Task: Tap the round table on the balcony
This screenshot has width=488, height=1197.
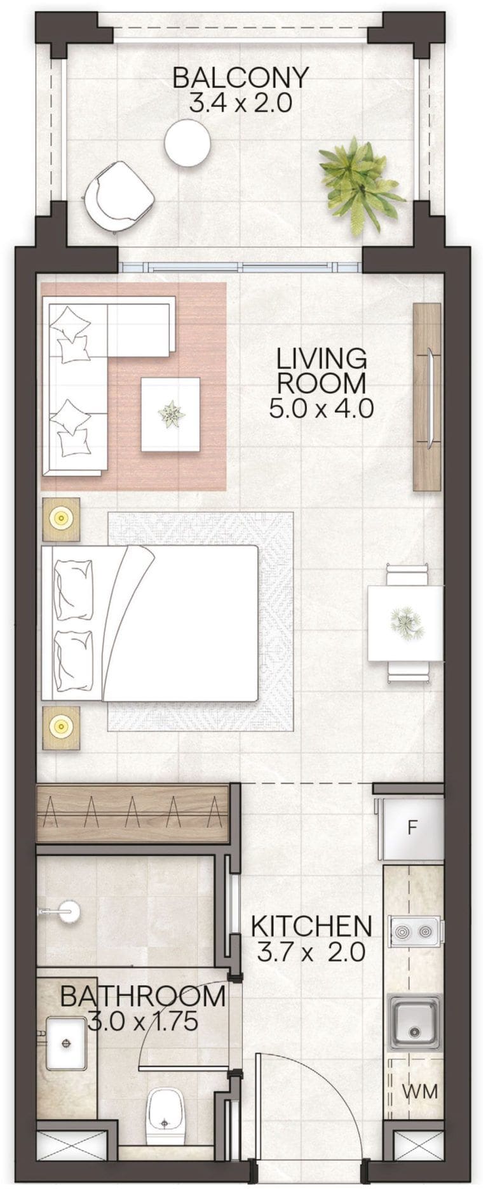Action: click(x=187, y=144)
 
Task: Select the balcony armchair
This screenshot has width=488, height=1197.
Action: click(x=119, y=194)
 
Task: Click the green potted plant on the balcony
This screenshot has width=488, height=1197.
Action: click(x=358, y=182)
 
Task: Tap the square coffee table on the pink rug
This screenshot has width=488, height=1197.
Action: click(x=170, y=414)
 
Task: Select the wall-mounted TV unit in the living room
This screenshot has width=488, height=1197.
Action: click(x=426, y=396)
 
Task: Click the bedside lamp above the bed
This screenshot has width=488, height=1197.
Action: click(x=61, y=519)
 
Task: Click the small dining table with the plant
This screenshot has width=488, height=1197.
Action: click(x=405, y=622)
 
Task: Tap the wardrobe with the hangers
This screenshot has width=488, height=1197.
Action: click(x=132, y=813)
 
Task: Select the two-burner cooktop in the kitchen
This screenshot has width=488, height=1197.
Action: click(x=414, y=932)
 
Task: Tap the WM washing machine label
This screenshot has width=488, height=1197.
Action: click(x=420, y=1091)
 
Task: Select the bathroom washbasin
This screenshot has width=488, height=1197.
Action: click(x=67, y=1043)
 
